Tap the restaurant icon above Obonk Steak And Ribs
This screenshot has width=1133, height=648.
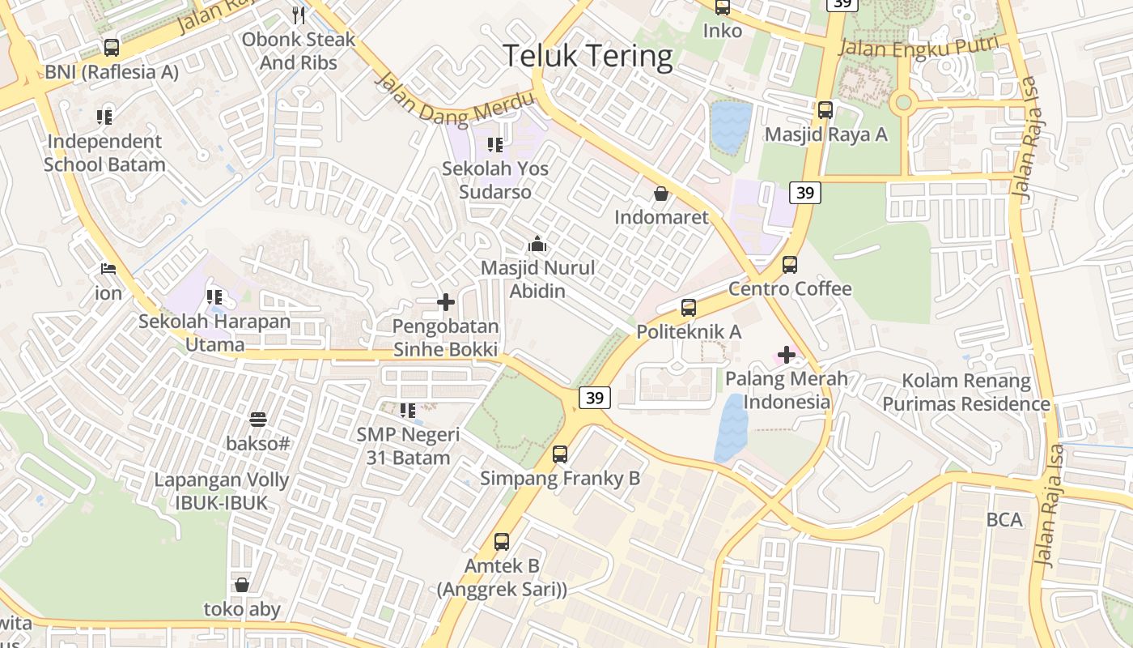[299, 15]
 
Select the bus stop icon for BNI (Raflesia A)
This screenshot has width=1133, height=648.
[112, 48]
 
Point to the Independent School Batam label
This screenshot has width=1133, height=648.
[104, 153]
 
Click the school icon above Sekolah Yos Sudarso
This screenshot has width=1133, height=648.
[494, 145]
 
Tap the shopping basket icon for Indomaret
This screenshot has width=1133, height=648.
[661, 194]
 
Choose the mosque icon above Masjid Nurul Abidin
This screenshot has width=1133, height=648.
[537, 243]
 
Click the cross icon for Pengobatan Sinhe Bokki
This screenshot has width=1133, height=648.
[445, 302]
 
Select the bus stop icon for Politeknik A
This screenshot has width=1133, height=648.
[689, 308]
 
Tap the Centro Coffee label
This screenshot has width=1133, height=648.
[790, 289]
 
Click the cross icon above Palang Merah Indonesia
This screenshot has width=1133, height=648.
[787, 355]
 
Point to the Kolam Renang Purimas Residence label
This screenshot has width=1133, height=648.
[966, 392]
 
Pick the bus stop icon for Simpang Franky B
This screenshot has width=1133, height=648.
[560, 454]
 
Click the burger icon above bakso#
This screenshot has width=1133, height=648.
[258, 420]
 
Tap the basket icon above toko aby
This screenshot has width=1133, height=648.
[241, 585]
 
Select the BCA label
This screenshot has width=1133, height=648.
[1004, 520]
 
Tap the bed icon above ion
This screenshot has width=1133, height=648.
[108, 269]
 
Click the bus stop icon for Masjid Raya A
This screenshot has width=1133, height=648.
[825, 110]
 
